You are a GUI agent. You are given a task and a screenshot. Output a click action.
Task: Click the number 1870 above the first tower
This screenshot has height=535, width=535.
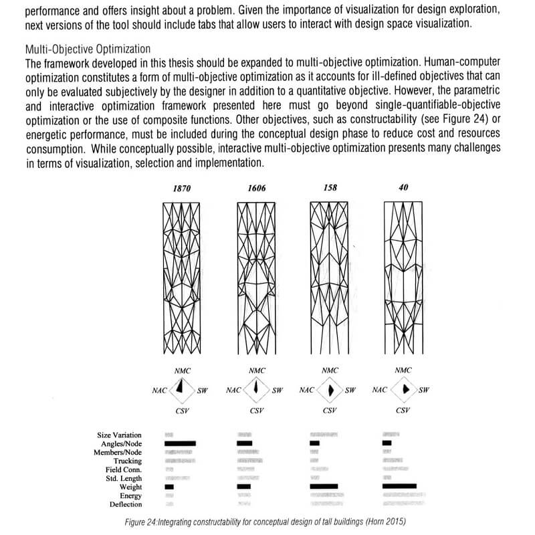tap(182, 189)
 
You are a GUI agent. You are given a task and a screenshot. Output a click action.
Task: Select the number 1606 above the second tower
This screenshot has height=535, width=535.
tap(256, 189)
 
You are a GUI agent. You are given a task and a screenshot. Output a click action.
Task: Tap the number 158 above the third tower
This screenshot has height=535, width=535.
tap(330, 189)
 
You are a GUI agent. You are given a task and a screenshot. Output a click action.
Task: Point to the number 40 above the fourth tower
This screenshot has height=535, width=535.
tap(403, 189)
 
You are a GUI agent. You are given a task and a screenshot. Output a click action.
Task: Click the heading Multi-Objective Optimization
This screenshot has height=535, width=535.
tap(88, 50)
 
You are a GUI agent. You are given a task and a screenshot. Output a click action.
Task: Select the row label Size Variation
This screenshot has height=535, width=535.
tap(120, 435)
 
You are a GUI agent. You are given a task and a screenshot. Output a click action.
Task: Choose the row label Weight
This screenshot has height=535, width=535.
tap(130, 488)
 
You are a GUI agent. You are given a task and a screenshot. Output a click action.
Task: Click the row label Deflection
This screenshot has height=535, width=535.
tap(126, 505)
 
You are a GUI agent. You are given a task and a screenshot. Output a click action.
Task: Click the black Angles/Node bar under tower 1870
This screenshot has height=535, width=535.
tap(180, 443)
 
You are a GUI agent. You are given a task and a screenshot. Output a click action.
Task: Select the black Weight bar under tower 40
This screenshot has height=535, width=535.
tap(399, 486)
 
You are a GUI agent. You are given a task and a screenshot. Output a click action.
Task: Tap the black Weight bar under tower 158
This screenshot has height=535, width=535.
tap(324, 486)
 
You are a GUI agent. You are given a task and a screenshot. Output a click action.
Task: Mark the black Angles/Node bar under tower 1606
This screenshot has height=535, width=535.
tap(245, 443)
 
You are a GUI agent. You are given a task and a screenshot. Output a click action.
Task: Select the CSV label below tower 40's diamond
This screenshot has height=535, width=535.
tap(403, 411)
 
